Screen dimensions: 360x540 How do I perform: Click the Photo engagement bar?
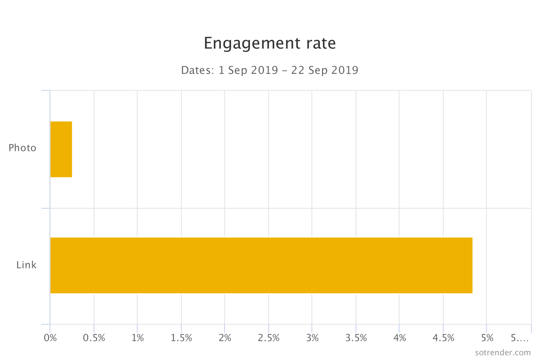[x=61, y=149]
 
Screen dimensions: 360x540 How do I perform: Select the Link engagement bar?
[x=261, y=265]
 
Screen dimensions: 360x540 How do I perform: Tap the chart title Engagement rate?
[x=270, y=43]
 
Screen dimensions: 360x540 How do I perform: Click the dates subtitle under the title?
[x=270, y=70]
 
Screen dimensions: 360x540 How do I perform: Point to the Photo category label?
[x=22, y=148]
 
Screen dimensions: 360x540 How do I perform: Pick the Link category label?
[x=26, y=265]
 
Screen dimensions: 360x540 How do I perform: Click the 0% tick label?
[x=50, y=338]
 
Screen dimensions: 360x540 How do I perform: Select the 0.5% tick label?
[x=94, y=338]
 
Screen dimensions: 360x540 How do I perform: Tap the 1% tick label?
[x=138, y=338]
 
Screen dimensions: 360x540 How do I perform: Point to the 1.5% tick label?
[x=181, y=338]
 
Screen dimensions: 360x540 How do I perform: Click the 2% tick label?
[x=225, y=338]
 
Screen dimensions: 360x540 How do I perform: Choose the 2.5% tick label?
[x=269, y=338]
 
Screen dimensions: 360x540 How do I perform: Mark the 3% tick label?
[x=312, y=338]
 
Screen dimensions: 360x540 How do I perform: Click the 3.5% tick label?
[x=356, y=338]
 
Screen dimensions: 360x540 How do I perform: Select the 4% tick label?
[x=400, y=338]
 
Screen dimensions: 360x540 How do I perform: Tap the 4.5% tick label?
[x=443, y=338]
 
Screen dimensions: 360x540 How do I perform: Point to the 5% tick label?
[x=487, y=338]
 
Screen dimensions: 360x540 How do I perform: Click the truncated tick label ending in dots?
[x=520, y=338]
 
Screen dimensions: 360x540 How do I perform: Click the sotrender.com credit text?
[x=503, y=353]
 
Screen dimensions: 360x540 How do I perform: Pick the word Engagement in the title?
[x=252, y=43]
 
